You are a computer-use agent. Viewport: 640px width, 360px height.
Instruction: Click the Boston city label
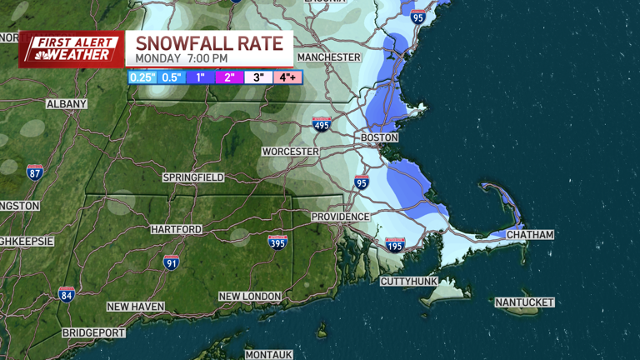point(379,137)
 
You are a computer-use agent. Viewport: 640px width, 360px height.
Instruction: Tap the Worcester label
point(290,152)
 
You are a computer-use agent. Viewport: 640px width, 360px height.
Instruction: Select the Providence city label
point(340,217)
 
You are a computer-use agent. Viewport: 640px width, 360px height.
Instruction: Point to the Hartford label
point(176,229)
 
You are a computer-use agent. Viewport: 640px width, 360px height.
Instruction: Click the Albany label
point(67,104)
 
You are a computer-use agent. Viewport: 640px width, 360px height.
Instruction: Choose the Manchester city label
point(329,57)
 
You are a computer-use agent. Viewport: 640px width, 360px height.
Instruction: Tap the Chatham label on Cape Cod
point(530,235)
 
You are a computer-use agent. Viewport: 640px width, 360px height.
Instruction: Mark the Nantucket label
point(524,302)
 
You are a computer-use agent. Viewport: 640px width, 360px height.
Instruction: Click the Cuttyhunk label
point(409,282)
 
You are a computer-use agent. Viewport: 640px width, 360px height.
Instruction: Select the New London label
point(250,297)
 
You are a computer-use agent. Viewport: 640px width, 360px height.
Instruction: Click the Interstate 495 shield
point(322,124)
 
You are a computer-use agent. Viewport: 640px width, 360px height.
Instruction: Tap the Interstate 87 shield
point(34,172)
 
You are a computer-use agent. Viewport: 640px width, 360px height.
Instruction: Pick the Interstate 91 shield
point(172,262)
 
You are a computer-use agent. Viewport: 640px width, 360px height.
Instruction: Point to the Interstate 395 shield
point(277,242)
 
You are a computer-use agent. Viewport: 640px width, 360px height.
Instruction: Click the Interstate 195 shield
point(395,245)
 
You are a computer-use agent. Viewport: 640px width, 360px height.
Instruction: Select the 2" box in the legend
point(229,77)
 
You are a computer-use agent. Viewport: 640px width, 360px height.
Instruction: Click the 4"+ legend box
point(287,77)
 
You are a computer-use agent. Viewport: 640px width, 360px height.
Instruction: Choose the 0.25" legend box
point(142,77)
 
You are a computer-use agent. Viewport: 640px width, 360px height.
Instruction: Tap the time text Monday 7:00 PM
point(182,59)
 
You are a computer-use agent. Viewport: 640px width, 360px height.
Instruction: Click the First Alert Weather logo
point(71,49)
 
